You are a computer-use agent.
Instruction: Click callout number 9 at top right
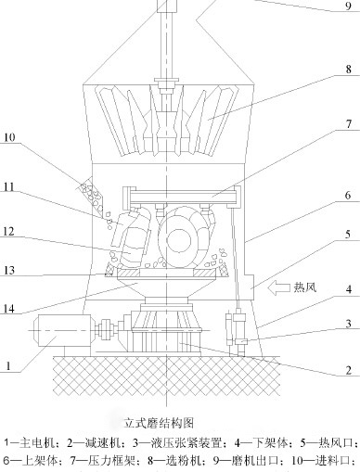click(349, 6)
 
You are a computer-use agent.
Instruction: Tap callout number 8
click(349, 69)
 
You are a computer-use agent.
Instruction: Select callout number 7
click(349, 124)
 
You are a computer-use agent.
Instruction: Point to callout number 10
click(9, 137)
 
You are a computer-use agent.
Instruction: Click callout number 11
click(9, 187)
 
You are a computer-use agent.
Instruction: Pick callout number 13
click(9, 271)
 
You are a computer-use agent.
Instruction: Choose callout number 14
click(9, 308)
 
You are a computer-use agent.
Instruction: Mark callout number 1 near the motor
click(8, 366)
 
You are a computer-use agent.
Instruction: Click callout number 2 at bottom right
click(349, 370)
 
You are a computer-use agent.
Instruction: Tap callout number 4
click(349, 289)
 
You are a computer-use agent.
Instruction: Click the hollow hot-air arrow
click(278, 288)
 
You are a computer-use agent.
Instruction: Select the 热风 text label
click(305, 287)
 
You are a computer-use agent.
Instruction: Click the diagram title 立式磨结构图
click(159, 423)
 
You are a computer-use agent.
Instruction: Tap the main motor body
click(61, 330)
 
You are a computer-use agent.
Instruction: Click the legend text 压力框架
click(111, 461)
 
